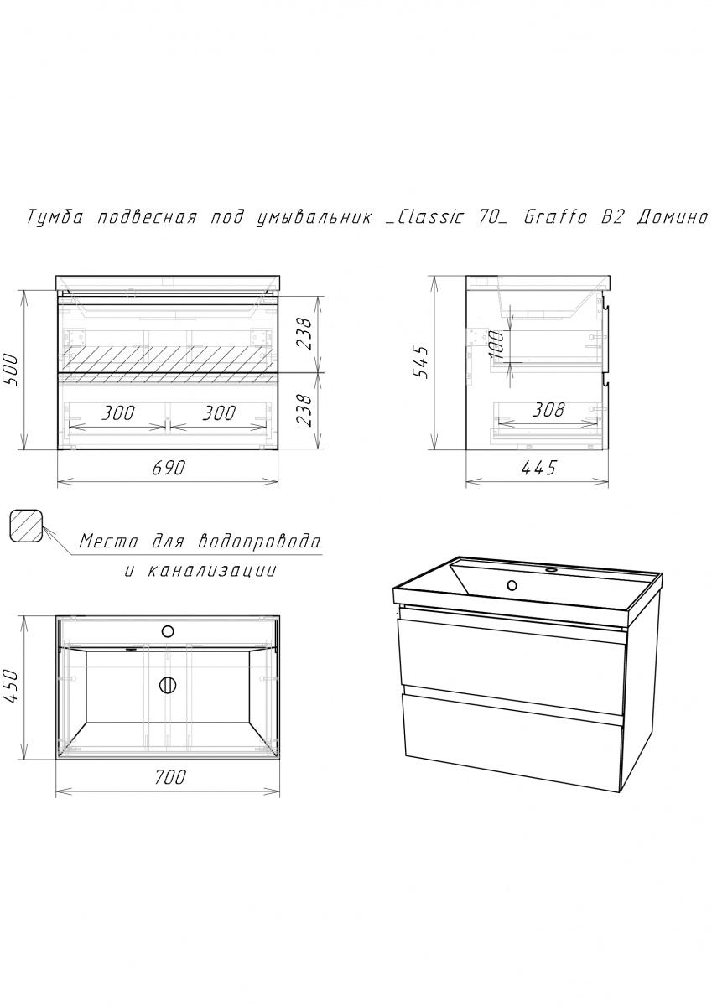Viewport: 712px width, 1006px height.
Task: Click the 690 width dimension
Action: (169, 468)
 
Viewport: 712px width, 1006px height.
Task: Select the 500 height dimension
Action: (11, 371)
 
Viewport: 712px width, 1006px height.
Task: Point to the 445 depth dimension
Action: (538, 468)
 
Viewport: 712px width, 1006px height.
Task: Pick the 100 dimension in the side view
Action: (497, 344)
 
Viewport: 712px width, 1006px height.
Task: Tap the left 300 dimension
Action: (117, 412)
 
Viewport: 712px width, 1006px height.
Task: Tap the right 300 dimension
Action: (219, 412)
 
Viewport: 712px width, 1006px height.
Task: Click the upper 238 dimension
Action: (304, 334)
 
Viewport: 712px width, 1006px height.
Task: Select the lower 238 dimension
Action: (304, 411)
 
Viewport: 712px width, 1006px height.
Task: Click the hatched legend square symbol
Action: (27, 526)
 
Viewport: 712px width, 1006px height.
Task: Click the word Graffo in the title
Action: (555, 217)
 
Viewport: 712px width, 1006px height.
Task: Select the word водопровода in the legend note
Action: (260, 541)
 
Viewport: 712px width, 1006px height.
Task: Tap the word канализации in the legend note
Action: (211, 571)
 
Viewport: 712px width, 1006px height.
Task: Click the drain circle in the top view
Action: (168, 685)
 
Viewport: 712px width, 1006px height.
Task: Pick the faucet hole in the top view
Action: (168, 631)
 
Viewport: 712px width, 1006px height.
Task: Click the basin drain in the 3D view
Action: (512, 585)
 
